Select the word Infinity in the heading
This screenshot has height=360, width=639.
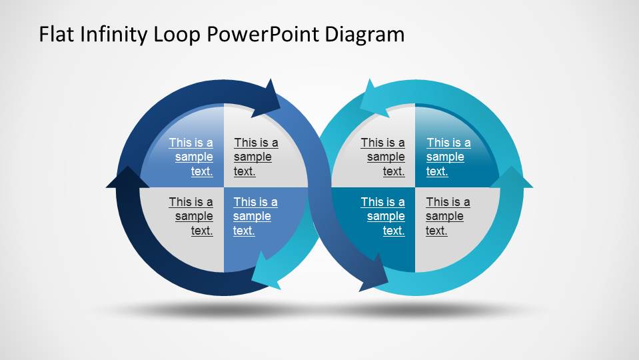[x=108, y=34]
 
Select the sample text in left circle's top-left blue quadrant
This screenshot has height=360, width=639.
[x=192, y=157]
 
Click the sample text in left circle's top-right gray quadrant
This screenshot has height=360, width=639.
[x=255, y=157]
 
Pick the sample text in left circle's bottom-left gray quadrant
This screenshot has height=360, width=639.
[x=192, y=216]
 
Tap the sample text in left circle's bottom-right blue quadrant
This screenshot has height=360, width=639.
[x=255, y=216]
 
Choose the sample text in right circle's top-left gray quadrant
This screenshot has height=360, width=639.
[x=384, y=157]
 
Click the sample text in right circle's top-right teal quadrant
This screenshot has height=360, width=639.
[x=448, y=157]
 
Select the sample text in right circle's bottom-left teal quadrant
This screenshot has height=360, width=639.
[x=384, y=216]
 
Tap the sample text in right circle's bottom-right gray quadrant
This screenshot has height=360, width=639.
[x=447, y=216]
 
